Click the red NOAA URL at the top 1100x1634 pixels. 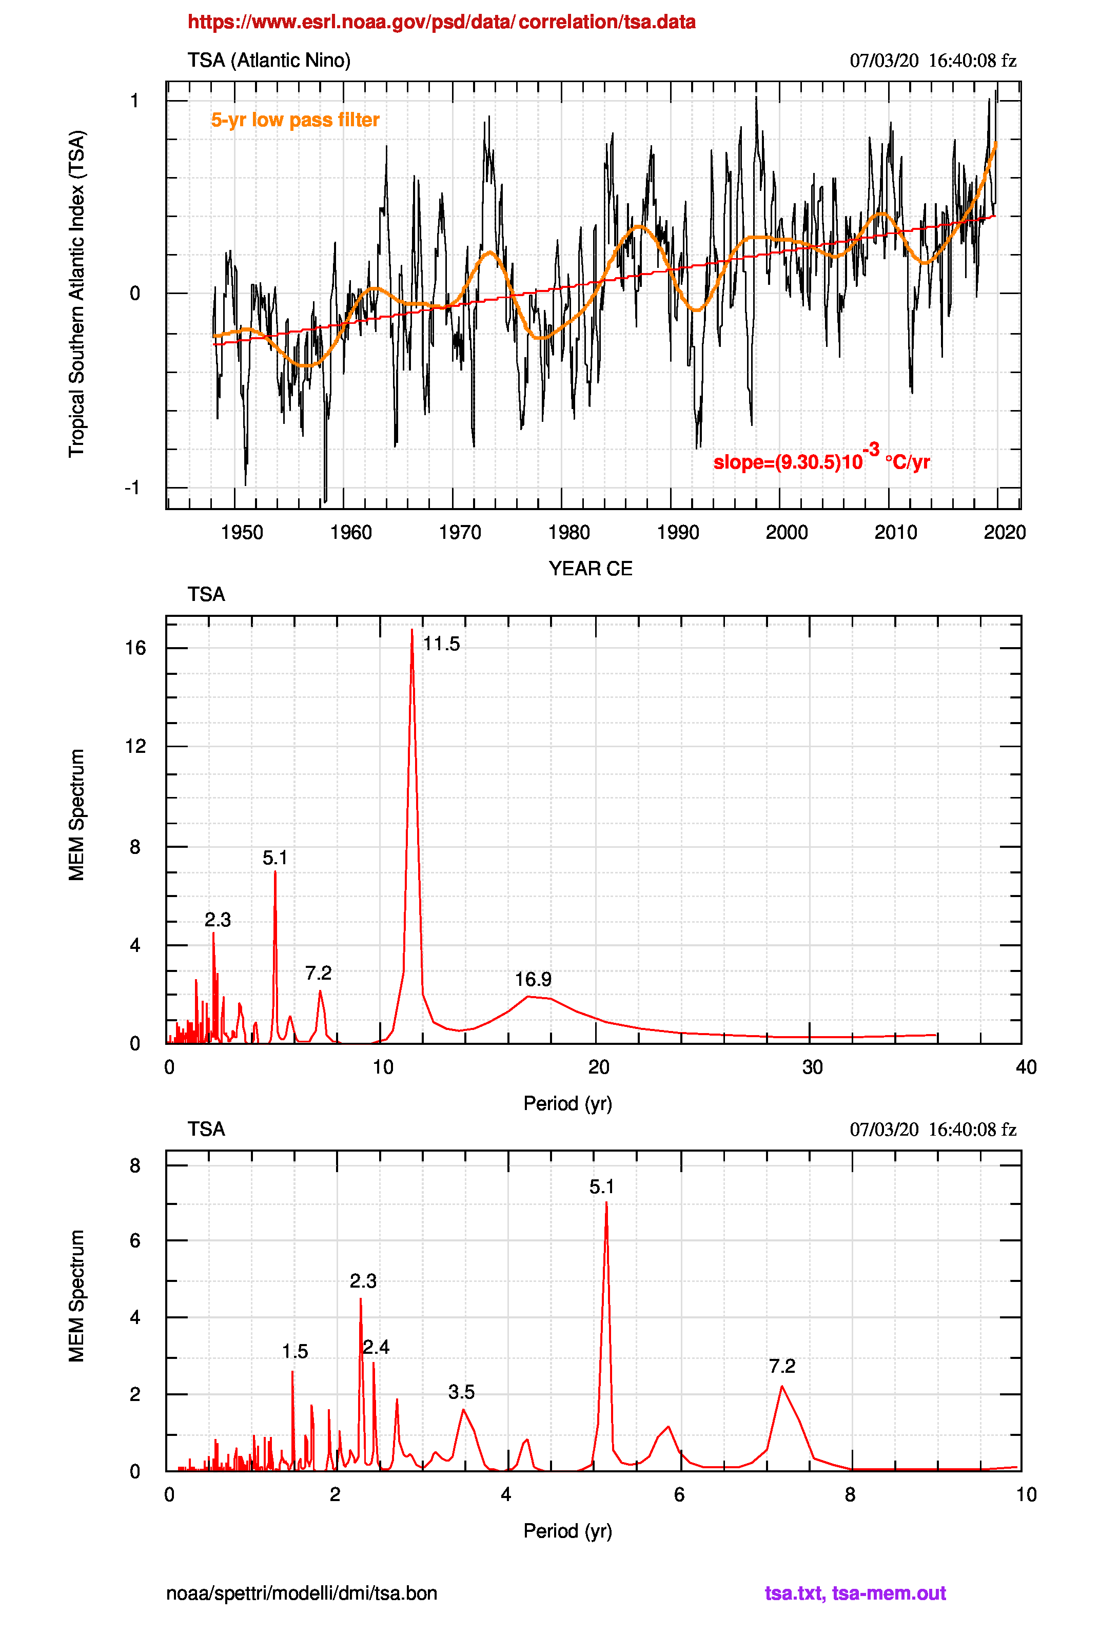441,22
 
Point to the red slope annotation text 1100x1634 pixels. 821,461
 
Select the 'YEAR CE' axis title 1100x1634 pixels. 590,568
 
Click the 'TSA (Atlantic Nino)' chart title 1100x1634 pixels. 269,61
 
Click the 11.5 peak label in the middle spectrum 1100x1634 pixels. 441,644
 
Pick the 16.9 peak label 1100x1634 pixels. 533,979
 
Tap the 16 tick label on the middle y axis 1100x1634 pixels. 135,648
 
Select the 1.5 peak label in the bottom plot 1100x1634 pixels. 294,1352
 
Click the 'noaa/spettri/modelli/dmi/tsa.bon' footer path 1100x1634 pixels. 302,1593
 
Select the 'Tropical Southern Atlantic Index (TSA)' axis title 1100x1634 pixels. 76,294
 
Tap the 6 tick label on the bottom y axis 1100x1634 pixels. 135,1240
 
